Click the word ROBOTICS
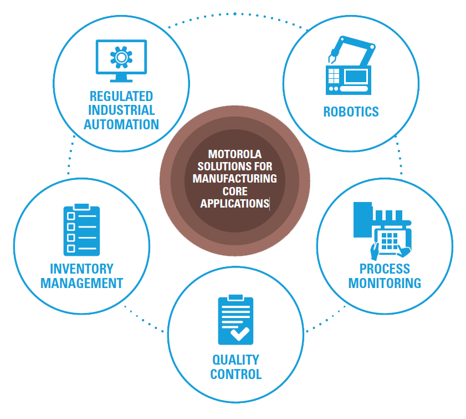click(351, 112)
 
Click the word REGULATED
click(121, 97)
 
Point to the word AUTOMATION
click(121, 124)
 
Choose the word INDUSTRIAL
click(121, 110)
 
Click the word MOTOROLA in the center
click(234, 154)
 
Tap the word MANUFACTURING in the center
click(234, 179)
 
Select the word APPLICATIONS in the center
click(234, 204)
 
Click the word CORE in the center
click(234, 191)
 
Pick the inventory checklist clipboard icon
click(81, 230)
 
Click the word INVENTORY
click(81, 269)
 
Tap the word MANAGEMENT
click(81, 283)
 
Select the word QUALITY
click(235, 360)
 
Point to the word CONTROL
click(235, 374)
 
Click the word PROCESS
click(385, 269)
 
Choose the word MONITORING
click(385, 283)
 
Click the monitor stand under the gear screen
click(121, 78)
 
